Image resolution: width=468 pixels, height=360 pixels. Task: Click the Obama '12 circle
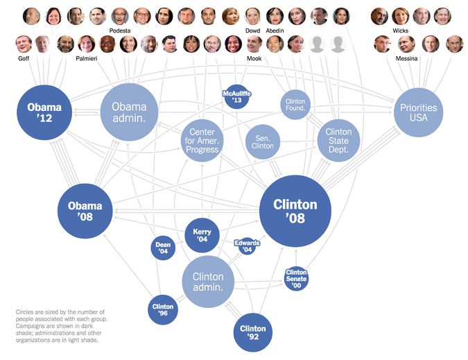click(44, 112)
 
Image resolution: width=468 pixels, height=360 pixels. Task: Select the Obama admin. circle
click(129, 112)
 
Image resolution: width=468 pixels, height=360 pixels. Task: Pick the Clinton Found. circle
click(295, 105)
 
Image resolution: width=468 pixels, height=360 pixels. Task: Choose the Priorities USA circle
click(418, 112)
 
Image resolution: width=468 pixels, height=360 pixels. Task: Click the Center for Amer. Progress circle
click(202, 141)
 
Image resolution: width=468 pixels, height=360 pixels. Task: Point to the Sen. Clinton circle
click(263, 142)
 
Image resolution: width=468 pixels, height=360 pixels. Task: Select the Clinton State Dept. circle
click(338, 141)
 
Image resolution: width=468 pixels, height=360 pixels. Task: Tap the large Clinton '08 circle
click(295, 210)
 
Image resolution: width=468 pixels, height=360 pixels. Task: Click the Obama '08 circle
click(85, 211)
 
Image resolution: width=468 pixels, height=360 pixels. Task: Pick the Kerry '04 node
click(202, 235)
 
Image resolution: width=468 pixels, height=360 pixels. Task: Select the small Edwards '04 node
click(247, 246)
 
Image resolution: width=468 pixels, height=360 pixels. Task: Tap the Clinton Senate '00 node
click(296, 279)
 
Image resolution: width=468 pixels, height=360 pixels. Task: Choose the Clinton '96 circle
click(163, 310)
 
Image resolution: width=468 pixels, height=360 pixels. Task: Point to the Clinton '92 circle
click(252, 332)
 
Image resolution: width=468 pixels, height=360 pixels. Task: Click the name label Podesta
click(120, 31)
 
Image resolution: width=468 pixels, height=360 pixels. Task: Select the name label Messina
click(406, 59)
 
